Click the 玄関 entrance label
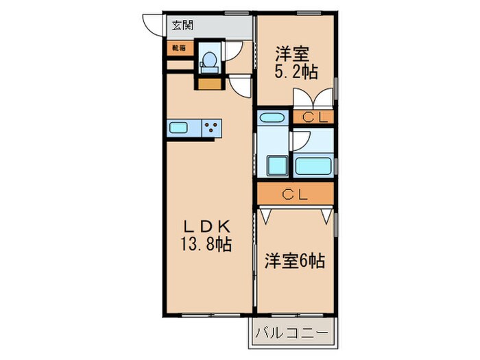[x=182, y=26]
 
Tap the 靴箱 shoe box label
[x=178, y=48]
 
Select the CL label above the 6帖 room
[x=296, y=194]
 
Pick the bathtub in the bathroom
[x=313, y=165]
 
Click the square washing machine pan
[x=278, y=165]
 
